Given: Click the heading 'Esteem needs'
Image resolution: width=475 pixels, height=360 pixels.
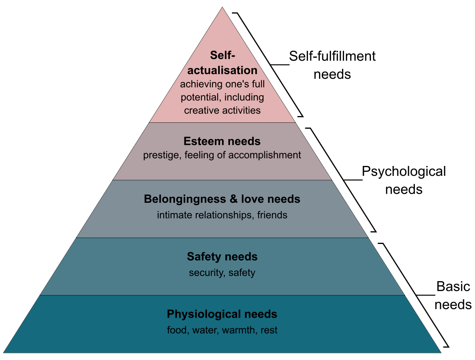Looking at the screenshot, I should pyautogui.click(x=222, y=141).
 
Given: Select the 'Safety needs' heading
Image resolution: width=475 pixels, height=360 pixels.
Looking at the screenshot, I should pyautogui.click(x=222, y=257).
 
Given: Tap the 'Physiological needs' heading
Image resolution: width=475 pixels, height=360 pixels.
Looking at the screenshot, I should pyautogui.click(x=222, y=314).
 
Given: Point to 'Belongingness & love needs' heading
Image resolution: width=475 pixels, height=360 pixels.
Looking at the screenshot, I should pyautogui.click(x=222, y=199).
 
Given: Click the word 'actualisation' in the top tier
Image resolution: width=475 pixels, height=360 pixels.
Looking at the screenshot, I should pyautogui.click(x=222, y=70).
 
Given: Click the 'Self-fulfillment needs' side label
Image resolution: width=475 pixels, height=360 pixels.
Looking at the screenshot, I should pyautogui.click(x=332, y=65).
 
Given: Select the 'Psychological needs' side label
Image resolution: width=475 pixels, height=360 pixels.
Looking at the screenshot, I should pyautogui.click(x=404, y=180).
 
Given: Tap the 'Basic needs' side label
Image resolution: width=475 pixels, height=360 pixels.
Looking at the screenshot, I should pyautogui.click(x=454, y=295).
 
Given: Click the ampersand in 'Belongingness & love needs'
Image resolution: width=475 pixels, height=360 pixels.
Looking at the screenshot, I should pyautogui.click(x=234, y=199).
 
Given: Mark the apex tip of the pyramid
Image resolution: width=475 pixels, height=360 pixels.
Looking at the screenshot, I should pyautogui.click(x=222, y=7).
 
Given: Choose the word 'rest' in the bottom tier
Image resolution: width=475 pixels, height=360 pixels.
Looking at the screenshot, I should pyautogui.click(x=269, y=330).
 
